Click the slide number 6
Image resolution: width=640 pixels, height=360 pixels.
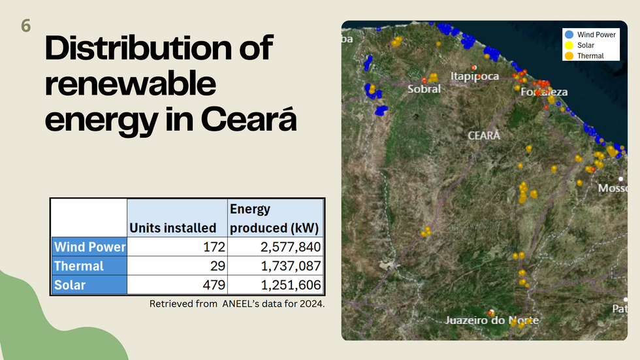pos(25,25)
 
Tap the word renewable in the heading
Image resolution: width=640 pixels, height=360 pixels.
pos(130,83)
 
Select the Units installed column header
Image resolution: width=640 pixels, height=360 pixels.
pos(172,228)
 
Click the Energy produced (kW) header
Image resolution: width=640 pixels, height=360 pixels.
pos(274,218)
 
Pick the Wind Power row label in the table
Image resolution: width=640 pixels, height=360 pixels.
pos(90,247)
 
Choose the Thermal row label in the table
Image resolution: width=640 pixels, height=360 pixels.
pos(79,266)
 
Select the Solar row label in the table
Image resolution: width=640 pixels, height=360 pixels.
pos(70,285)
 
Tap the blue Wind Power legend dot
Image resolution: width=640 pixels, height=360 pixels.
pos(569,35)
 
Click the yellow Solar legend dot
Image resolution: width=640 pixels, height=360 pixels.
pos(569,45)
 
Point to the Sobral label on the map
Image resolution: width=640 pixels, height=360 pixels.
pos(424,89)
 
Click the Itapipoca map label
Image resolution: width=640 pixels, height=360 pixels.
pos(475,76)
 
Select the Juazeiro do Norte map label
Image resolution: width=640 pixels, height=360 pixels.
pos(492,320)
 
